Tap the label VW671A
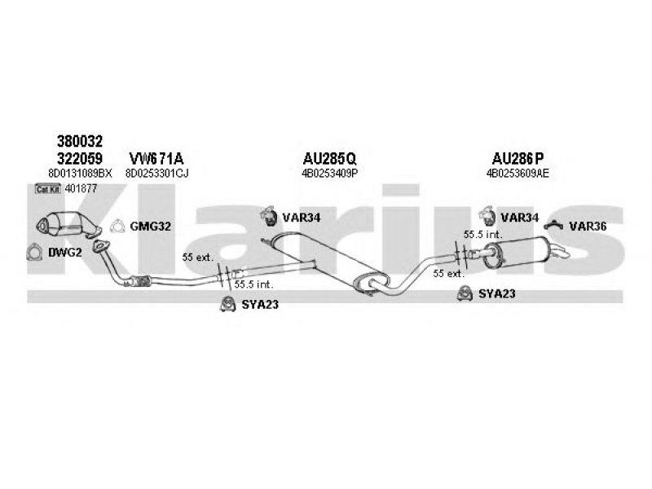click(x=155, y=157)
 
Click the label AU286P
click(x=518, y=157)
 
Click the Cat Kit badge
click(x=48, y=189)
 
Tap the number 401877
click(x=81, y=189)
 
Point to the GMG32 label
click(x=150, y=226)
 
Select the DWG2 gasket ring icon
click(x=34, y=252)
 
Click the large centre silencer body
click(x=326, y=261)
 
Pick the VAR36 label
click(x=587, y=226)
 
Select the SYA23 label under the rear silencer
click(x=496, y=294)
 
